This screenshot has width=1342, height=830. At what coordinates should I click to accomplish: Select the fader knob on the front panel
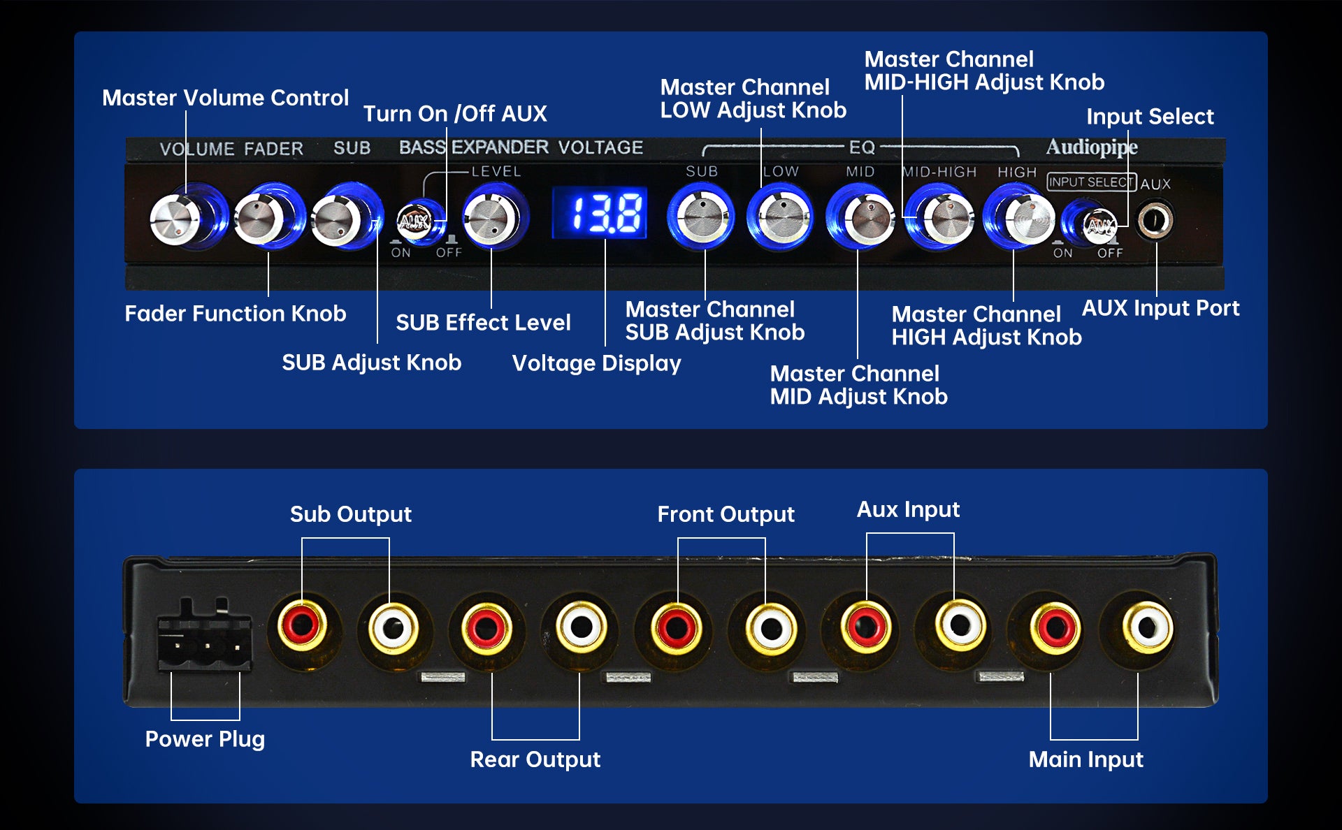click(x=260, y=219)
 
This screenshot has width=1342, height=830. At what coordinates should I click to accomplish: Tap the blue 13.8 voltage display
click(x=600, y=214)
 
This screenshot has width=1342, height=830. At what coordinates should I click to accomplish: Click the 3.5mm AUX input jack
click(x=1155, y=221)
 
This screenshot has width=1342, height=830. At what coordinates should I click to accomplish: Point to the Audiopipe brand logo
click(x=1091, y=147)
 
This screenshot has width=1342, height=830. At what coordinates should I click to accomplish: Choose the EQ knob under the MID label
click(x=861, y=217)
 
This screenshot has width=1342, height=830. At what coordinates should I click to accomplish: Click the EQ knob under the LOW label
click(x=780, y=217)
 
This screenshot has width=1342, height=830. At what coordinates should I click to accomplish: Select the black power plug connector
click(x=204, y=636)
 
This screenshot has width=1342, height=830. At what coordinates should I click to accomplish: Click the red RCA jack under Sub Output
click(x=303, y=624)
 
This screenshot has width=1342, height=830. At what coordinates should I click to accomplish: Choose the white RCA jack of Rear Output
click(x=580, y=625)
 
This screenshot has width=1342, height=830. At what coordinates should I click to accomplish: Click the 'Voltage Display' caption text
click(x=596, y=363)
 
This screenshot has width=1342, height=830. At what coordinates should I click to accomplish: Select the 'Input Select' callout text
click(x=1150, y=117)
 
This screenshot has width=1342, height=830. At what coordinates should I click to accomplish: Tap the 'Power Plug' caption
click(x=205, y=739)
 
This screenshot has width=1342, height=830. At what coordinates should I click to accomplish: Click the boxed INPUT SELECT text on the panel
click(x=1090, y=182)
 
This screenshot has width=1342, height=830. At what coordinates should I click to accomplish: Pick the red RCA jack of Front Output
click(x=676, y=625)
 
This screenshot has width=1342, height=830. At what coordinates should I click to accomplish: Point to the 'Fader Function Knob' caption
click(x=235, y=314)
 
